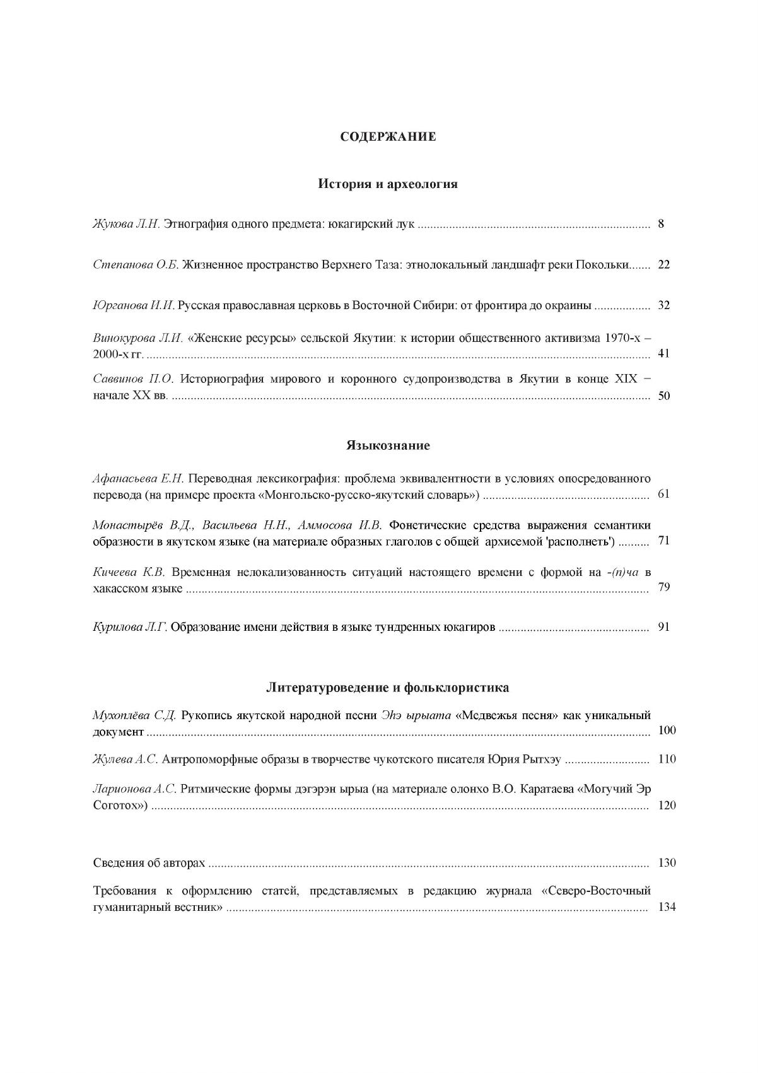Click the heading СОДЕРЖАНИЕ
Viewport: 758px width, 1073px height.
388,136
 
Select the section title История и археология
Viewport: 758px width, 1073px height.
388,184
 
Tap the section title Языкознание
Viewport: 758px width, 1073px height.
388,445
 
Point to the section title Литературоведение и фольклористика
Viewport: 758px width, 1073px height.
388,687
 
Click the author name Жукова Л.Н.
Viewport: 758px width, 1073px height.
127,224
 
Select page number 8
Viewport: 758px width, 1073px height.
661,224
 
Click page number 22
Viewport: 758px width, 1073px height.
663,265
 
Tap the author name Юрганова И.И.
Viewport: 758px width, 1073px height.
134,305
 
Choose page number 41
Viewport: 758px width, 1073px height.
663,353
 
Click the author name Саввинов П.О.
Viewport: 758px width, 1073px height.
133,379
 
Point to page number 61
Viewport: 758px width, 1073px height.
663,493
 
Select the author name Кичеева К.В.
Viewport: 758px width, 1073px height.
129,572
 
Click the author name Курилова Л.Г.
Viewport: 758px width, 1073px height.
130,628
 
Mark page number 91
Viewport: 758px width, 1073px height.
663,627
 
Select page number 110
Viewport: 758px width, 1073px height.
667,759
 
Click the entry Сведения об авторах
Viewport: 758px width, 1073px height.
149,863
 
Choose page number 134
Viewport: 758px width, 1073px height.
667,908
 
